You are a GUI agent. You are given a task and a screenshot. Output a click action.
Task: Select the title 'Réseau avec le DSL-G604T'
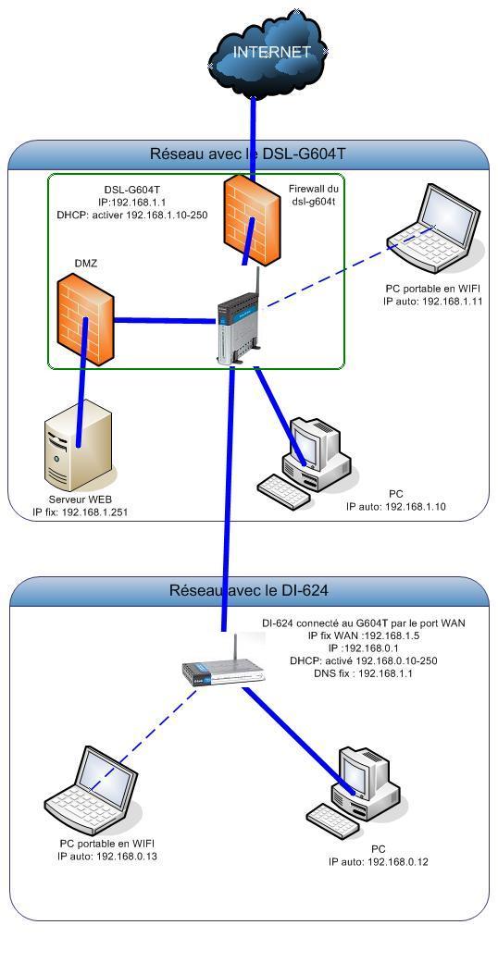tap(248, 154)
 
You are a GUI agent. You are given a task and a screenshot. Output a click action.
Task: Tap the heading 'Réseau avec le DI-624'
tap(248, 590)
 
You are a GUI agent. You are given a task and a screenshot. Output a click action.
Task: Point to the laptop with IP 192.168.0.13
tap(93, 786)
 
